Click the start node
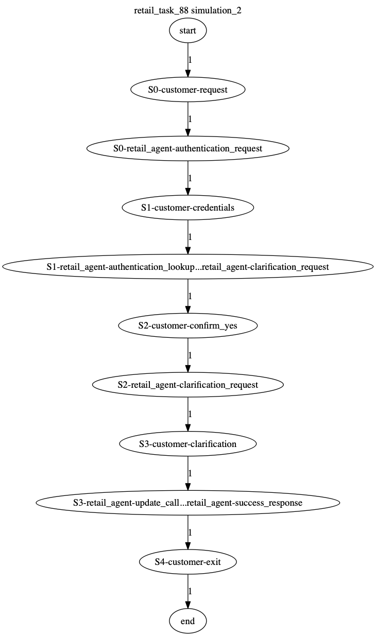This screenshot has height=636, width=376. [187, 30]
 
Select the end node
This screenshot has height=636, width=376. [187, 621]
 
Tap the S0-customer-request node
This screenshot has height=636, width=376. [187, 90]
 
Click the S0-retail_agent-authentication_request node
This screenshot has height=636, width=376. [187, 148]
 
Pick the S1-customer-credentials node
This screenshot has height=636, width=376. [187, 208]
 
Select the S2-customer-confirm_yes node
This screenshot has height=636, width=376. [187, 325]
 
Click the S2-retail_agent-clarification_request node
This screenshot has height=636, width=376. [187, 385]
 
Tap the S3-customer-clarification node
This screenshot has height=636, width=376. [187, 444]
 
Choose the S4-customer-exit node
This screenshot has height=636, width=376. [187, 562]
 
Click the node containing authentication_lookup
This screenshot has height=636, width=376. [187, 267]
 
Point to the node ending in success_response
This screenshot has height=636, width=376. [187, 503]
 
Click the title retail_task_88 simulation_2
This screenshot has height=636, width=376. [187, 10]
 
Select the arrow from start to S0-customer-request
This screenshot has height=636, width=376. [187, 60]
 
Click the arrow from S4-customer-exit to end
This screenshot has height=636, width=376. [187, 591]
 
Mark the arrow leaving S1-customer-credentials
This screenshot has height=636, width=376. [187, 237]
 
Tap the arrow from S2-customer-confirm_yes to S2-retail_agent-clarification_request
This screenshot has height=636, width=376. [187, 355]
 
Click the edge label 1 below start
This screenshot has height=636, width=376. [190, 60]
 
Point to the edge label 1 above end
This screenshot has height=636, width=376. [190, 591]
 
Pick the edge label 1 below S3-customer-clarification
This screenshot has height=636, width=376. [190, 473]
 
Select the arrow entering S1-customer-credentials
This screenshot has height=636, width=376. [187, 178]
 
